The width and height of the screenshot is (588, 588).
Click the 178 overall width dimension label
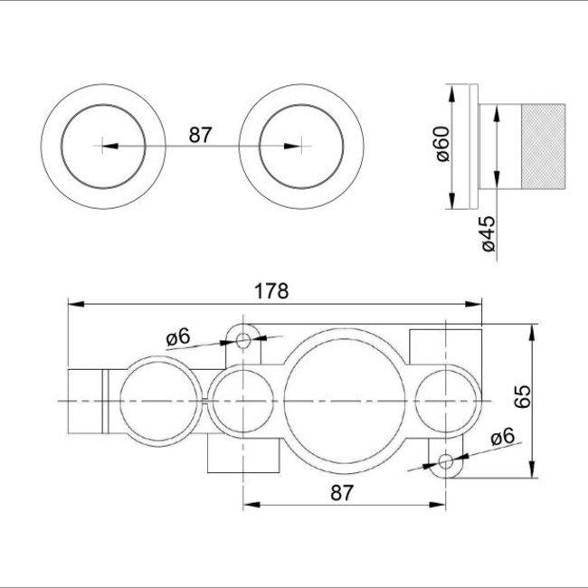click(x=271, y=291)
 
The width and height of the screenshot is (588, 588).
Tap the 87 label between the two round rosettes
click(x=200, y=135)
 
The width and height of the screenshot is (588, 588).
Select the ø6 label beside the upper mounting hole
click(x=178, y=337)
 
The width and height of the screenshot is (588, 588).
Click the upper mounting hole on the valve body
click(x=243, y=339)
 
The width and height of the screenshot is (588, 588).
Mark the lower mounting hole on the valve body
click(x=445, y=462)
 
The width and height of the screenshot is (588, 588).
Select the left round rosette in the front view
click(x=104, y=145)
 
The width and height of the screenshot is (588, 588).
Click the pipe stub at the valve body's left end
click(x=87, y=400)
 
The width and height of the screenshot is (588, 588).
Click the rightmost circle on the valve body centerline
click(x=445, y=400)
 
